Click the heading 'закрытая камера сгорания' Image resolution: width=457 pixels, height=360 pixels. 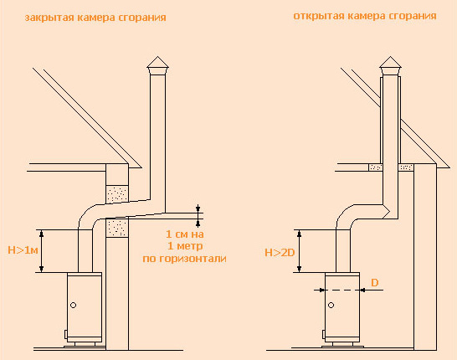(x=95, y=18)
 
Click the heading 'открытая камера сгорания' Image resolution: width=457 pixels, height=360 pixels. (x=365, y=16)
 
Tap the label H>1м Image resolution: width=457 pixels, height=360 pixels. (x=23, y=250)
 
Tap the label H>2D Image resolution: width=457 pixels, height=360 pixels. (x=280, y=253)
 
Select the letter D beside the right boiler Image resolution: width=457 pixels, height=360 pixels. (x=374, y=282)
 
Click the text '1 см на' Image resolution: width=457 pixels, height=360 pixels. (x=185, y=234)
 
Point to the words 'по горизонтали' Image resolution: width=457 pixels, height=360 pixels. (x=184, y=259)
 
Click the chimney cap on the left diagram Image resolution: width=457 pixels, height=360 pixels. (x=157, y=65)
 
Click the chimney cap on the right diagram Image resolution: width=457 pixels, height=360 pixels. (x=390, y=65)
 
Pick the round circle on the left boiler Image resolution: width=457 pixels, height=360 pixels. (x=74, y=306)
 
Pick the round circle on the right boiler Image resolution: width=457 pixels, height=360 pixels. (x=331, y=306)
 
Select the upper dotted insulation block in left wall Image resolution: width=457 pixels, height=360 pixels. (x=117, y=194)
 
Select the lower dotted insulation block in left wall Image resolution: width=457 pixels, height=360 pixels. (x=117, y=228)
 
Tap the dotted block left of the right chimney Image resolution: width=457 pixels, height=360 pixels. (x=375, y=167)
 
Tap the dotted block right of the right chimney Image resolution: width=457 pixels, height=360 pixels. (x=406, y=167)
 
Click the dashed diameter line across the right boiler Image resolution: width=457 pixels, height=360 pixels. (x=342, y=290)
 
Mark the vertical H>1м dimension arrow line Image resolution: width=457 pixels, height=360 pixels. (x=41, y=251)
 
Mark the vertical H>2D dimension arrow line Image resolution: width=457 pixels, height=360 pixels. (x=299, y=251)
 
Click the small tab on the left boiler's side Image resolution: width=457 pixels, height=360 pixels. (x=66, y=334)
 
